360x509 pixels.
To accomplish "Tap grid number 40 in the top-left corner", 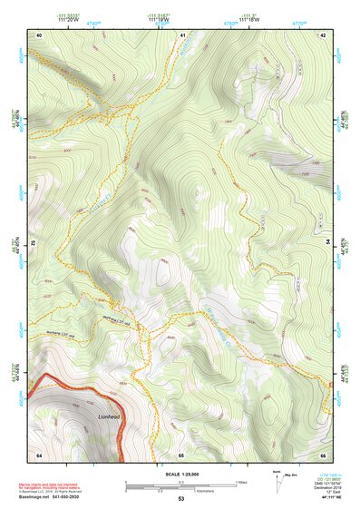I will [x=39, y=34].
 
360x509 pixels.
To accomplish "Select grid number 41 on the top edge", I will [x=182, y=34].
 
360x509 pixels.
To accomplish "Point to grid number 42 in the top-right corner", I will [x=324, y=34].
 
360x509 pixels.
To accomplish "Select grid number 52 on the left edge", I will [x=34, y=243].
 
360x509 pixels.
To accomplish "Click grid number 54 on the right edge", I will [x=329, y=243].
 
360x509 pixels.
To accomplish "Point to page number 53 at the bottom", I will [x=181, y=499].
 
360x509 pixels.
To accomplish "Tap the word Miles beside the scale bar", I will [x=241, y=481].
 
